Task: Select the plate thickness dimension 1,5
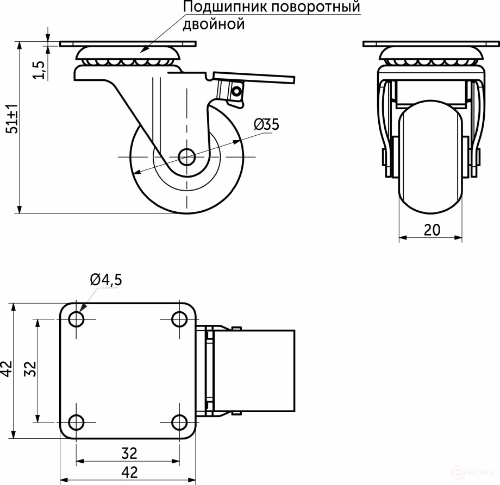tap(39, 70)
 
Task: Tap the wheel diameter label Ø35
tap(266, 124)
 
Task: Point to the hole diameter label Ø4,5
tap(106, 280)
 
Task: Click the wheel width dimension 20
tap(432, 230)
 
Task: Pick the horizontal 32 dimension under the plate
tap(129, 452)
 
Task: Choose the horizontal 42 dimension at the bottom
tap(129, 471)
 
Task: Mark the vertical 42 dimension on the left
tap(6, 369)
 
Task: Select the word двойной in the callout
tap(214, 24)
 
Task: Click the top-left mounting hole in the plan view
tap(77, 319)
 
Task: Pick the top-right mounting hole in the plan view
tap(179, 319)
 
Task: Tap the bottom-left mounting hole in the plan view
tap(77, 421)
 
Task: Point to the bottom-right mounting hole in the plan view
tap(179, 421)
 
